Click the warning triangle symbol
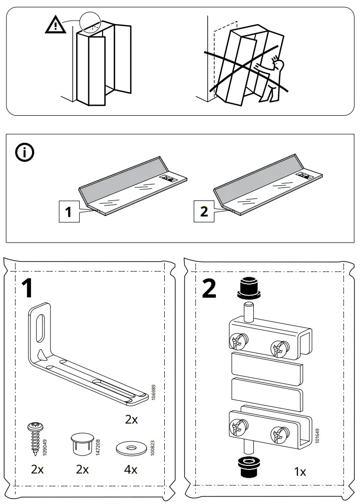(x=55, y=25)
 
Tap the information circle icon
(x=24, y=153)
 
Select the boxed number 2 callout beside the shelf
(x=204, y=211)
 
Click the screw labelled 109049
(x=36, y=436)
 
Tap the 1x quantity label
(x=300, y=471)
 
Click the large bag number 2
(x=209, y=288)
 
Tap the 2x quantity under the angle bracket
(x=131, y=420)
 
